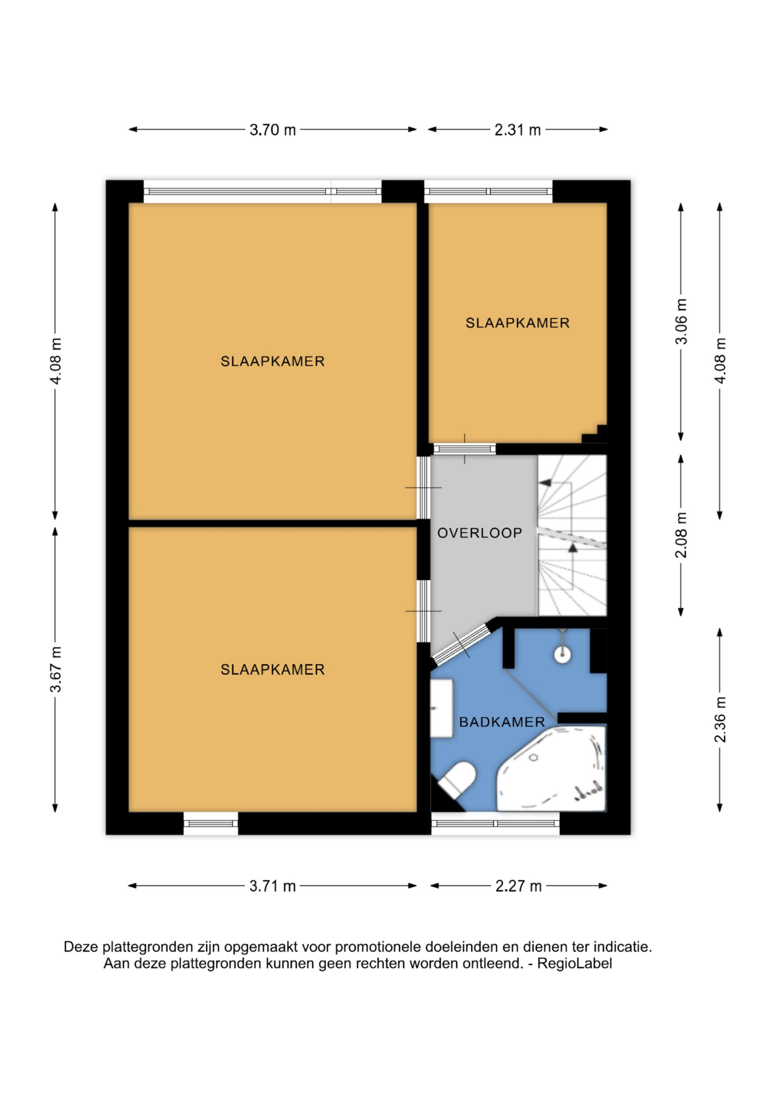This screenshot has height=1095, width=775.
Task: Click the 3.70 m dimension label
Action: coord(273,129)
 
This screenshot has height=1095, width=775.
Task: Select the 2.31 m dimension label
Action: coord(517,129)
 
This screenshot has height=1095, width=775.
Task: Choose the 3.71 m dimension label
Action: coord(273,886)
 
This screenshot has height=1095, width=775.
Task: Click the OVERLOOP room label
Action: coord(479,533)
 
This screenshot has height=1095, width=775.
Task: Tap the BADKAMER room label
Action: coord(502,722)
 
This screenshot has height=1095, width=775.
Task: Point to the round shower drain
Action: coord(563,653)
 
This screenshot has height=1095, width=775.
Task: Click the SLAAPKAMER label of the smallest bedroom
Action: coord(517,323)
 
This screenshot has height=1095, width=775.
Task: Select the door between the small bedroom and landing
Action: coord(464,449)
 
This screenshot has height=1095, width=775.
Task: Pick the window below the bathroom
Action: coord(495,824)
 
